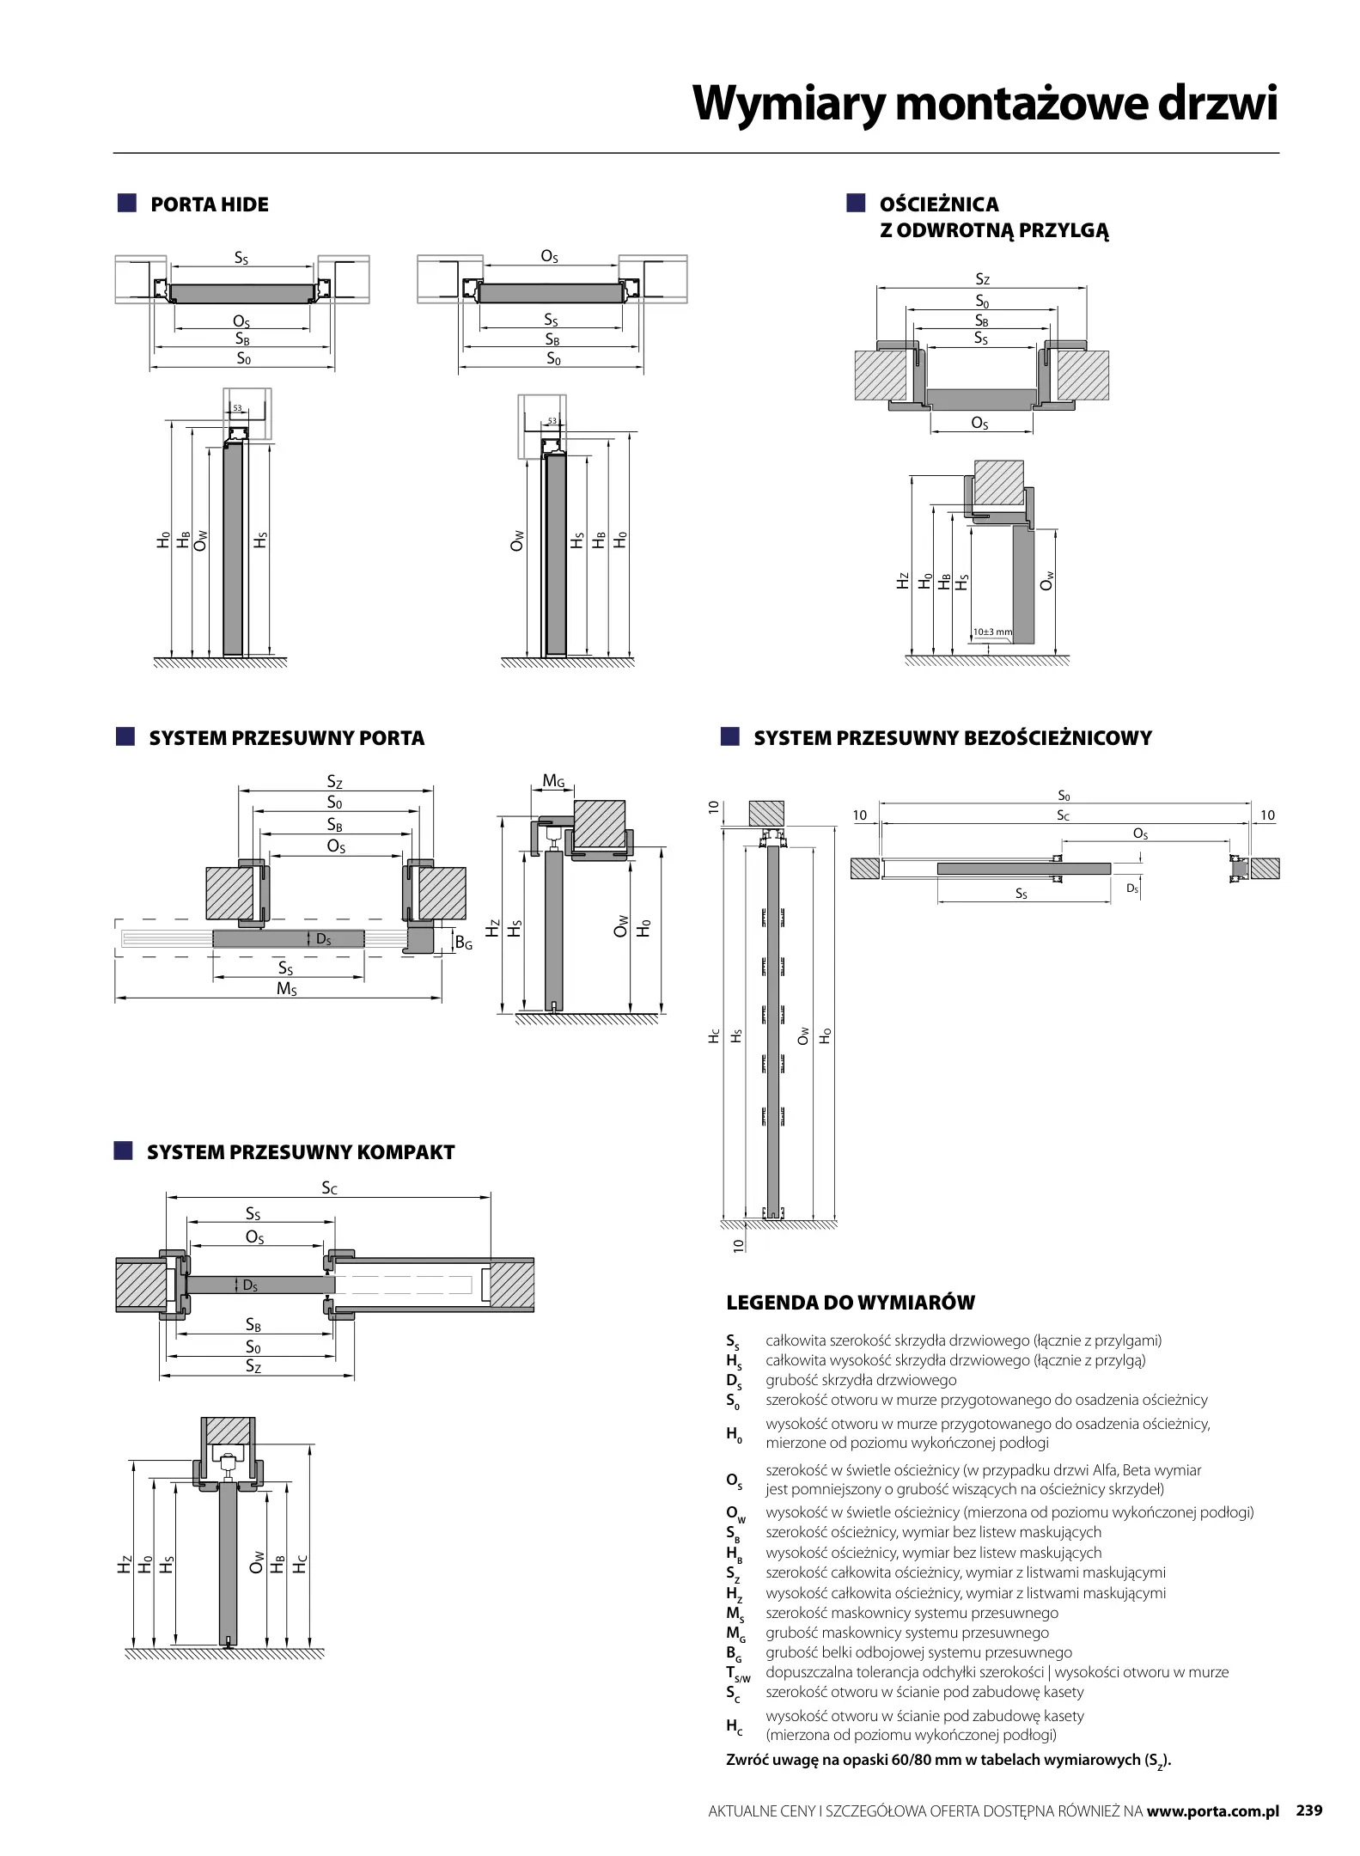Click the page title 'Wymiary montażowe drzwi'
[x=985, y=104]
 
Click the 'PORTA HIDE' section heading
[x=209, y=205]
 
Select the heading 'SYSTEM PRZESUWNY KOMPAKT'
[x=300, y=1152]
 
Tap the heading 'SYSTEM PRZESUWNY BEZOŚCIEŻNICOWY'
[x=952, y=738]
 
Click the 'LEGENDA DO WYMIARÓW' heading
[x=851, y=1303]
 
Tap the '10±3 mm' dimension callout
[x=992, y=632]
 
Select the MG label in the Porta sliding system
[x=553, y=781]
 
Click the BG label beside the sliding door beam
[x=463, y=943]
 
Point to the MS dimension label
[x=287, y=989]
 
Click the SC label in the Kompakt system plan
[x=330, y=1188]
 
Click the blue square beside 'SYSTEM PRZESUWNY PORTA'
[x=126, y=737]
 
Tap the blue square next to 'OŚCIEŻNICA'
[x=856, y=204]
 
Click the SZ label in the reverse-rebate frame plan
[x=983, y=279]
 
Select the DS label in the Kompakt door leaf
[x=250, y=1285]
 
